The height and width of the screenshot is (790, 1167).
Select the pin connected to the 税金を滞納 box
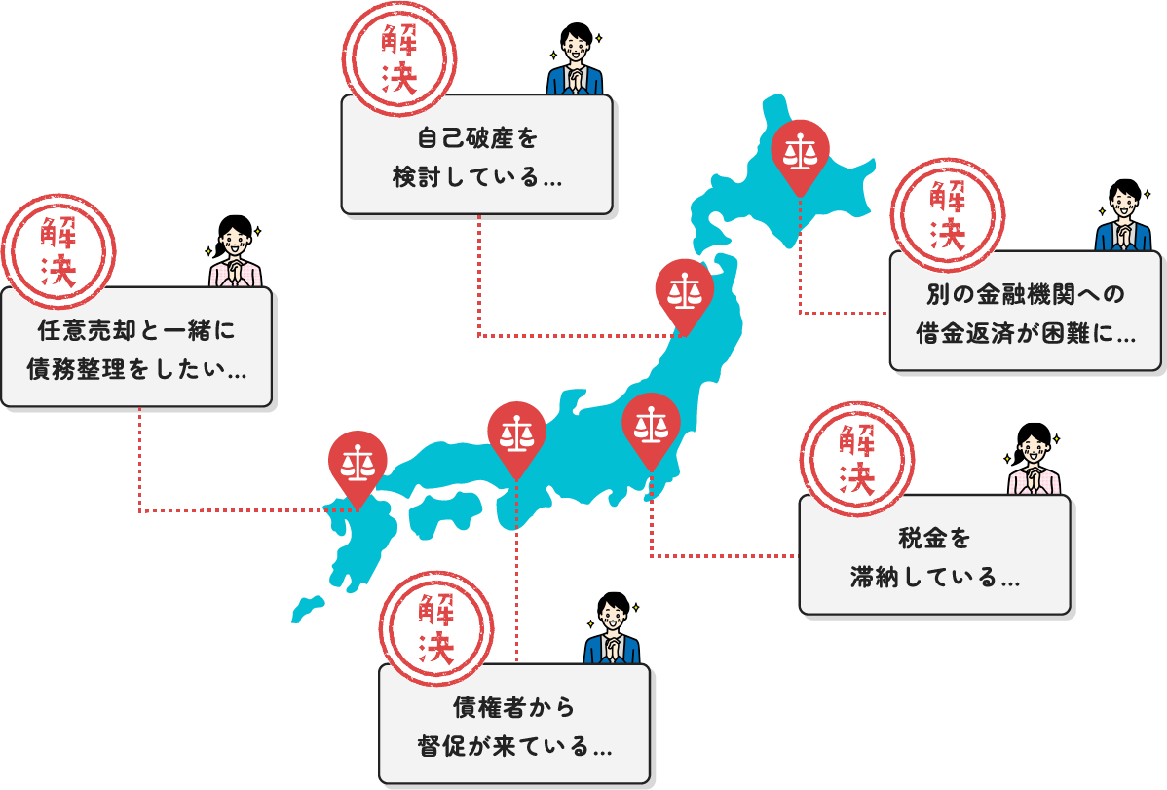click(651, 427)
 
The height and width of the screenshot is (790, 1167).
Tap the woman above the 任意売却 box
click(235, 251)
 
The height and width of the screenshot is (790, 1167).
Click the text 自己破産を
click(477, 137)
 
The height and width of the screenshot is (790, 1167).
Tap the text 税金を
click(935, 538)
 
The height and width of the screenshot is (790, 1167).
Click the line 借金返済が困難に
click(1026, 334)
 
